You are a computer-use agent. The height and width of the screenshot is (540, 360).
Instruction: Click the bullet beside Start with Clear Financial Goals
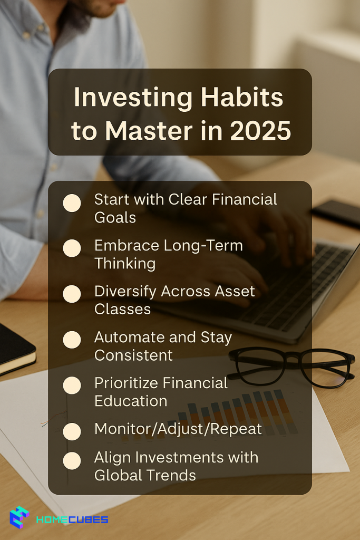pyautogui.click(x=72, y=203)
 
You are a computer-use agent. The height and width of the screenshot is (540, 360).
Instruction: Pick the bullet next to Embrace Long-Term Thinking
pyautogui.click(x=72, y=248)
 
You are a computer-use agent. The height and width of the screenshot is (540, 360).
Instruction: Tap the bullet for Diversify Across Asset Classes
pyautogui.click(x=72, y=294)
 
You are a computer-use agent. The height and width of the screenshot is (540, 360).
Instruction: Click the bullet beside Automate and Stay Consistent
pyautogui.click(x=72, y=340)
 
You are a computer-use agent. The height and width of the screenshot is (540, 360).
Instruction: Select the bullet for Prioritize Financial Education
pyautogui.click(x=72, y=385)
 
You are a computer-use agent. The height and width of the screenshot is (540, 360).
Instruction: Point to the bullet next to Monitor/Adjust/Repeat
pyautogui.click(x=72, y=431)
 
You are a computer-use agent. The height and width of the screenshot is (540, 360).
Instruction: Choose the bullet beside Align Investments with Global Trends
pyautogui.click(x=72, y=461)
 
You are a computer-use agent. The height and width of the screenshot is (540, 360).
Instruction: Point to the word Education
pyautogui.click(x=131, y=401)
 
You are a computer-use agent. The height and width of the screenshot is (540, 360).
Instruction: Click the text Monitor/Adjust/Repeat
pyautogui.click(x=178, y=429)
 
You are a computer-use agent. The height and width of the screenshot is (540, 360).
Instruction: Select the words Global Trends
pyautogui.click(x=145, y=476)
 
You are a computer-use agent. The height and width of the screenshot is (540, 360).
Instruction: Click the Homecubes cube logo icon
pyautogui.click(x=20, y=517)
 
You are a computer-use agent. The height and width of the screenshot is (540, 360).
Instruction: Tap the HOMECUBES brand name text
pyautogui.click(x=72, y=519)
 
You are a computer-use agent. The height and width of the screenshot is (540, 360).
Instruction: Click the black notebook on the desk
pyautogui.click(x=16, y=350)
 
